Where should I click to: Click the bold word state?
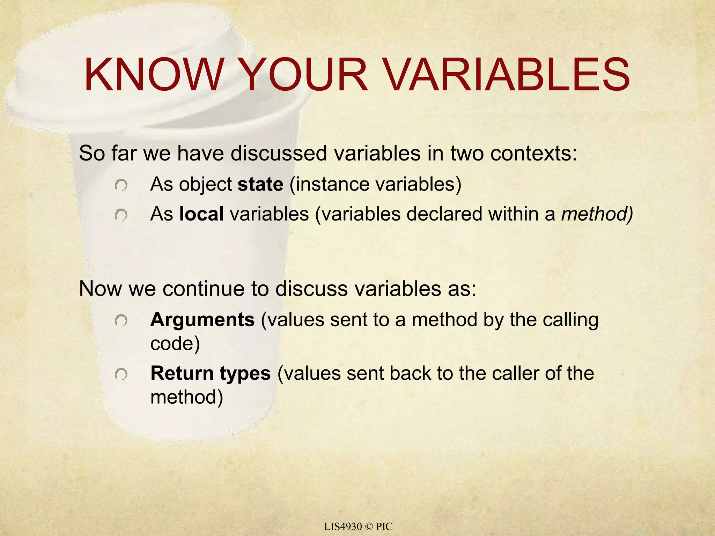coord(260,184)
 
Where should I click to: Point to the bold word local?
coord(201,214)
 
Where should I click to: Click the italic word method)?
coord(597,214)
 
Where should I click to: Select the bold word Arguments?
coord(202,320)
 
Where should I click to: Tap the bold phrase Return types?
coord(211,373)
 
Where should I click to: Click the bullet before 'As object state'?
coord(121,185)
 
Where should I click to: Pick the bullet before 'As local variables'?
coord(121,215)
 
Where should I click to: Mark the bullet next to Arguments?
coord(121,320)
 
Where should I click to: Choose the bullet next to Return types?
coord(121,374)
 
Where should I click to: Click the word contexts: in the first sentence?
coord(534,153)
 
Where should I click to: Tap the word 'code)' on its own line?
coord(175,344)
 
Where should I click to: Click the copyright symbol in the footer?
coord(369,527)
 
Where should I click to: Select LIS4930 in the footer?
coord(342,527)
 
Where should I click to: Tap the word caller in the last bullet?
coord(516,373)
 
